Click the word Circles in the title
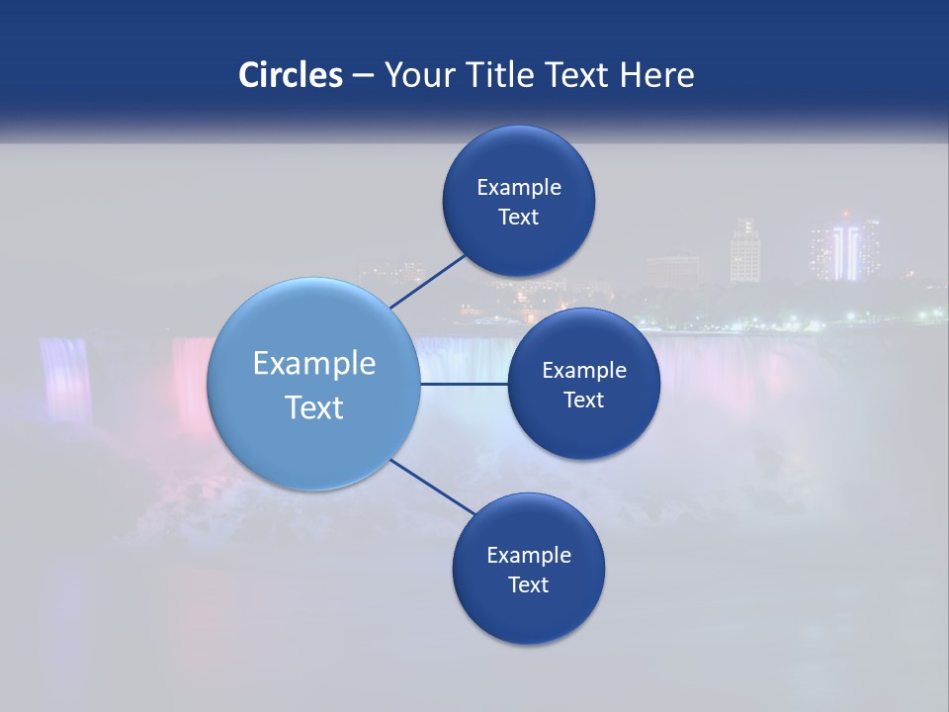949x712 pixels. click(x=291, y=75)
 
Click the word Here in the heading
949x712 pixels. click(x=657, y=75)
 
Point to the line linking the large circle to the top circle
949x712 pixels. click(x=427, y=280)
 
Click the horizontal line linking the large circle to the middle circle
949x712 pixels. click(x=464, y=383)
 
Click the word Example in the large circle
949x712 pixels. click(x=314, y=363)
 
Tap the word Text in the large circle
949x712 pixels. click(x=314, y=407)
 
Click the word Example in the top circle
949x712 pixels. click(x=519, y=187)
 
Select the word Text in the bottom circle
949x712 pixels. click(x=529, y=584)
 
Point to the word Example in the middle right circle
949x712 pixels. click(x=584, y=370)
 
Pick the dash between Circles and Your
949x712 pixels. click(x=363, y=76)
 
